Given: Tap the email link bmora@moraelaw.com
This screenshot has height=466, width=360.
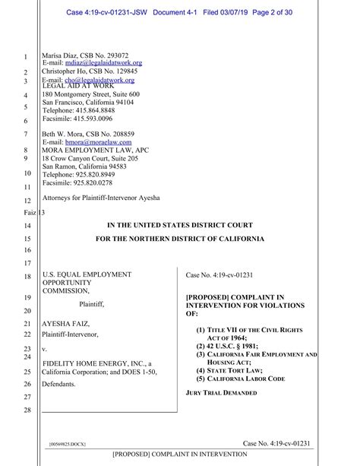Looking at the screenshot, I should coord(98,142).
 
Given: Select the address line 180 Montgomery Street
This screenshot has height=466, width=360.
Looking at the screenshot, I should coord(91,94).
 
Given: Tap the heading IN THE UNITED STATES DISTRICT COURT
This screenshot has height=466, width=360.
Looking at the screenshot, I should coord(180,225).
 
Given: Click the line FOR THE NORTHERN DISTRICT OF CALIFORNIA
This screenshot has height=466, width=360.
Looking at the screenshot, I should coord(180,239).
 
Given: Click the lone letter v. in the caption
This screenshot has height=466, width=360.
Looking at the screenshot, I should coord(45,350).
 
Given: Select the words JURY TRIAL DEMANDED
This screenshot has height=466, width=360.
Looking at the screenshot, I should coord(221,393).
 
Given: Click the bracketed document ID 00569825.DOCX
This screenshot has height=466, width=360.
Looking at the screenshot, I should coord(67,443).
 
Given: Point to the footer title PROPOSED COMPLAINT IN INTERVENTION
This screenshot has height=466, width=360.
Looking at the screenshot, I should coord(180,455).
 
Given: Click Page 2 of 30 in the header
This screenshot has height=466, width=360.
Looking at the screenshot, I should coord(273,12).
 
